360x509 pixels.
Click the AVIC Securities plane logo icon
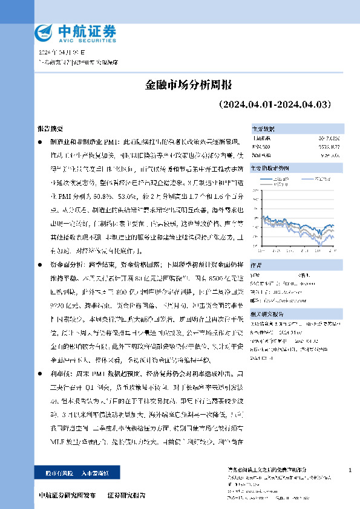point(44,31)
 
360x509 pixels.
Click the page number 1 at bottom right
point(351,470)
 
